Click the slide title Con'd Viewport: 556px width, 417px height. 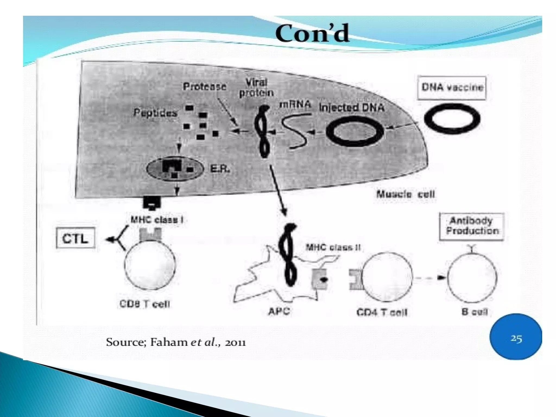tap(312, 34)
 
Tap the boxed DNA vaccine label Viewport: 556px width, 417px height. tap(452, 88)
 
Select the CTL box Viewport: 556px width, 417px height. tap(75, 238)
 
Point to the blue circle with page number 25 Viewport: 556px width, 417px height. tap(516, 337)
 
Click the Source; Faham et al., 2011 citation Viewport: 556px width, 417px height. tap(176, 342)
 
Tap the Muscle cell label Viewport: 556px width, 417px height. tap(406, 194)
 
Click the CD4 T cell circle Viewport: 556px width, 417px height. tap(387, 277)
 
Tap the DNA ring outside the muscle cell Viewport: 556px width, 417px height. tap(452, 119)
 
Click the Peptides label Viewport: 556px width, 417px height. tap(155, 113)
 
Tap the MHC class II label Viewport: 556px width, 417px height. tap(333, 247)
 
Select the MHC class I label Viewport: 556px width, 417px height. tap(157, 220)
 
